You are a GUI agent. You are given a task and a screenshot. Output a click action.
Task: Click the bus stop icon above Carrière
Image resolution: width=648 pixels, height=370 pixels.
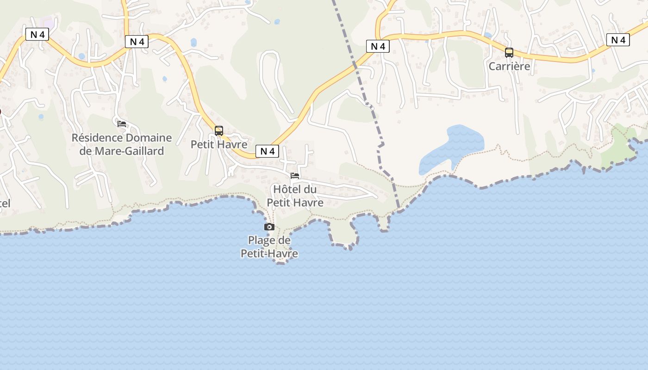coord(509,53)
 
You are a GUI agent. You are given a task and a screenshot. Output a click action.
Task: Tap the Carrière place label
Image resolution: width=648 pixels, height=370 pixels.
coord(509,66)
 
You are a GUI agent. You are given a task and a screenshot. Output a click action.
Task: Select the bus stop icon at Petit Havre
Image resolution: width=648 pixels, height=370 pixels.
coord(219,131)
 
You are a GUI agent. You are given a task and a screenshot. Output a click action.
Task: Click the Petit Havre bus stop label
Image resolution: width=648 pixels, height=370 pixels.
coord(219,144)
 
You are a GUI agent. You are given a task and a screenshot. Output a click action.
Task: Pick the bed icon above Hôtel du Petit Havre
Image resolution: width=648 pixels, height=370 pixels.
coord(295,176)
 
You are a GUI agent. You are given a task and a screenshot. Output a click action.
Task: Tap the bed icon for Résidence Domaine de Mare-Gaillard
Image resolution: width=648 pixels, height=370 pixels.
coord(122,123)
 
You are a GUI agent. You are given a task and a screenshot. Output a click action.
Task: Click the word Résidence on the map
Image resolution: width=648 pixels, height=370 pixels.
coord(96,138)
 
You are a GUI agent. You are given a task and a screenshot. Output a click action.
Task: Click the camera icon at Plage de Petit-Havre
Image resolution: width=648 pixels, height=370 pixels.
coord(269,227)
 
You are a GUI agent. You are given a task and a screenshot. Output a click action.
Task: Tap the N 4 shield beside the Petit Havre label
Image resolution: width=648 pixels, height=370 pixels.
coord(267,151)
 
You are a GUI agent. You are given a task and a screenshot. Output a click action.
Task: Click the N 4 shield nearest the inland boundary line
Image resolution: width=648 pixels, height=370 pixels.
coord(378,46)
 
